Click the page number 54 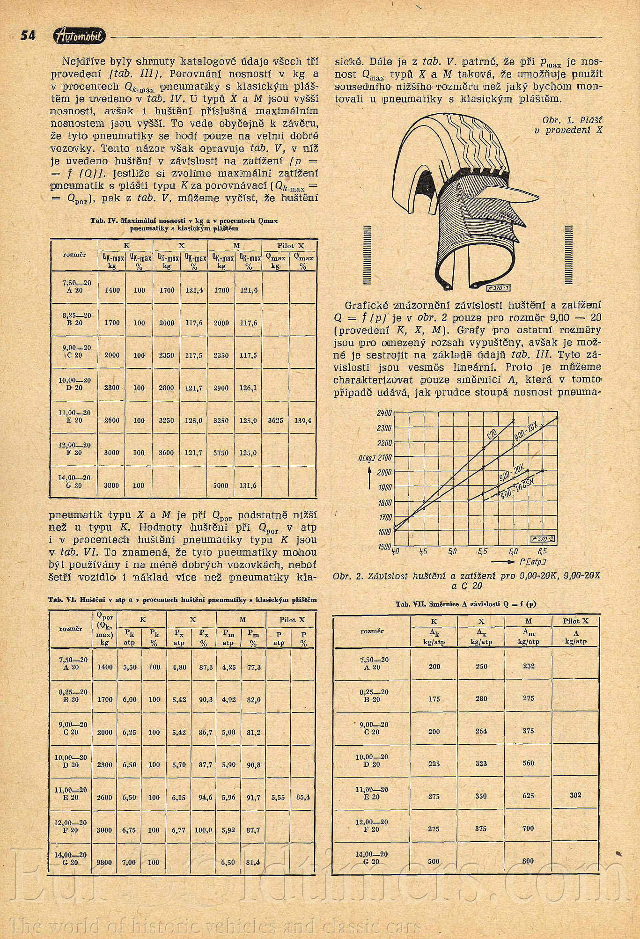(28, 36)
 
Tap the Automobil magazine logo (80, 36)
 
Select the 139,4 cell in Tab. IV (303, 420)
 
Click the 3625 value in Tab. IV (275, 420)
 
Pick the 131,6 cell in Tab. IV (248, 485)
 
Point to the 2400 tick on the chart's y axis (384, 413)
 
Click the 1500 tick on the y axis (384, 546)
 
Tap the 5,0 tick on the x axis (452, 552)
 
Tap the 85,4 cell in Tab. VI (303, 797)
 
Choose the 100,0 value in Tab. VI (203, 829)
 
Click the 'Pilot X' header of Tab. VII (575, 621)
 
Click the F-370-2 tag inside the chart (543, 539)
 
